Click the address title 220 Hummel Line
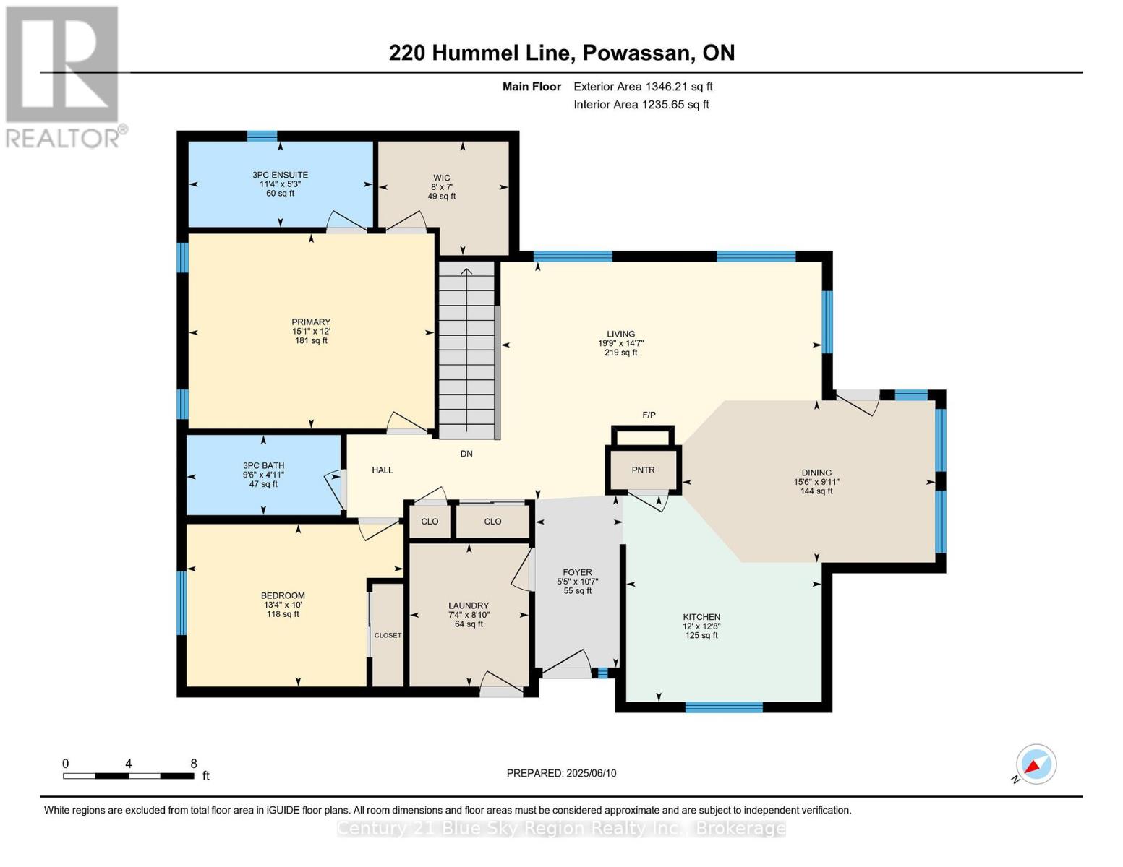click(x=561, y=53)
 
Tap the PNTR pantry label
click(x=643, y=470)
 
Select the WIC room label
click(x=442, y=178)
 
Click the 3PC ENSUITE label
click(x=280, y=175)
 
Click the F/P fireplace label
click(x=649, y=415)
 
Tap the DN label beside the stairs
click(x=466, y=454)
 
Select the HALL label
click(x=382, y=470)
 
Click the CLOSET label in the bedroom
click(x=388, y=636)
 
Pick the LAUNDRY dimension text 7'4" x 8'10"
click(x=469, y=615)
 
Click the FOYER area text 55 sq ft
click(x=578, y=590)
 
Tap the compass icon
click(x=1036, y=764)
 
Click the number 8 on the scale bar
click(x=194, y=764)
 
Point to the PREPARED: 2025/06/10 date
click(x=561, y=773)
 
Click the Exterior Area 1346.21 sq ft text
click(x=643, y=87)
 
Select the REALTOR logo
click(x=64, y=76)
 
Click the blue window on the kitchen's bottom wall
click(x=723, y=707)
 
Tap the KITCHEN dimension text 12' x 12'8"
click(x=701, y=626)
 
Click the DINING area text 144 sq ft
click(x=816, y=491)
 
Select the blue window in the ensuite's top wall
click(x=262, y=136)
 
